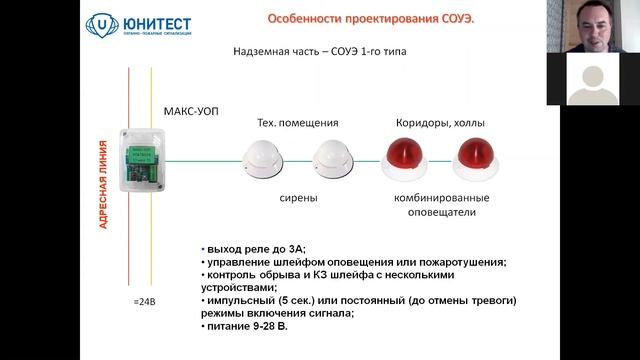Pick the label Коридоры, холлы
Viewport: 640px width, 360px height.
442,123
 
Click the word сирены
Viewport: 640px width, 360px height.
298,197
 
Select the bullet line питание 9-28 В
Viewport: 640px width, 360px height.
246,326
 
